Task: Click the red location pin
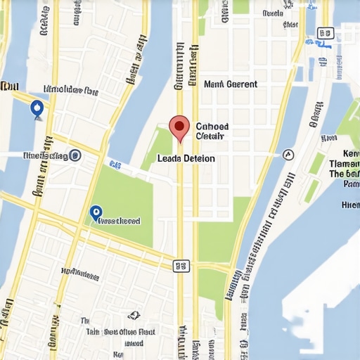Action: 179,127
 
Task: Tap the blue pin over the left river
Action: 37,108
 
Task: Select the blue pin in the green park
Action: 96,212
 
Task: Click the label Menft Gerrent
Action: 230,84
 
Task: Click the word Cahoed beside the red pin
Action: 211,127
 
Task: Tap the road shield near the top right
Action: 324,32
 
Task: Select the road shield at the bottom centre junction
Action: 181,265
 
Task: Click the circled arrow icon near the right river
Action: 288,154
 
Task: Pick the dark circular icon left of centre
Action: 75,155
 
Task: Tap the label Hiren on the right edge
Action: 349,205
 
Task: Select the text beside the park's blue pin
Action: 120,221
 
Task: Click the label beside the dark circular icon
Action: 44,155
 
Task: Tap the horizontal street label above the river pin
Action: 71,90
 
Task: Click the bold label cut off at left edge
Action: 8,86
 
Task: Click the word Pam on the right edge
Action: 351,184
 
